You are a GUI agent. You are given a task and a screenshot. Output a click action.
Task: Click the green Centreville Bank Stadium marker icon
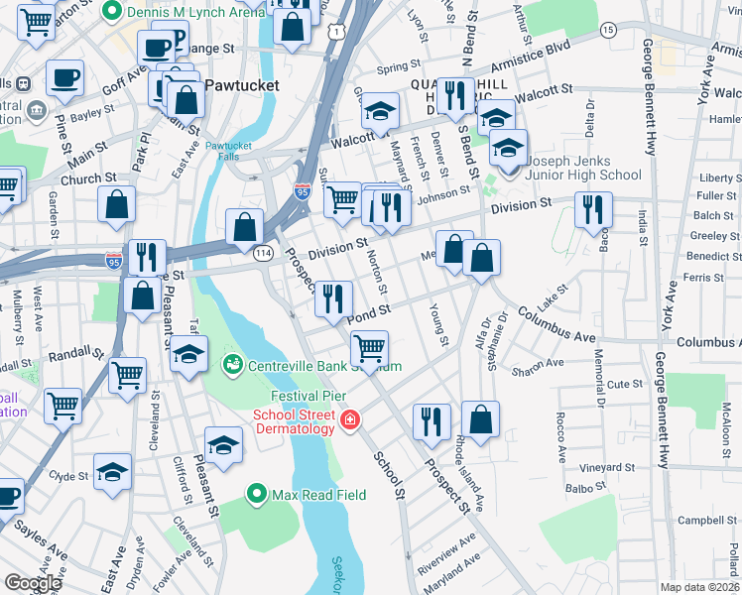pyautogui.click(x=233, y=366)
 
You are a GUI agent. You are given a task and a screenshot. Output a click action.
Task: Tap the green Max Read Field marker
pyautogui.click(x=257, y=494)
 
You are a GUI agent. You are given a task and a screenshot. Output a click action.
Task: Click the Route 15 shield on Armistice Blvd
pyautogui.click(x=607, y=31)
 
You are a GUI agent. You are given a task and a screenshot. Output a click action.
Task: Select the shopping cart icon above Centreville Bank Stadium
pyautogui.click(x=369, y=348)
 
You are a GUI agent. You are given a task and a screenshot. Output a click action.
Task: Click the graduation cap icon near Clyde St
pyautogui.click(x=112, y=471)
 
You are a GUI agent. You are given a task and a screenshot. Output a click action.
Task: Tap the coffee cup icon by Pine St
pyautogui.click(x=64, y=76)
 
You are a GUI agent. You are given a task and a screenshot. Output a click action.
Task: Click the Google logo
pyautogui.click(x=33, y=583)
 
